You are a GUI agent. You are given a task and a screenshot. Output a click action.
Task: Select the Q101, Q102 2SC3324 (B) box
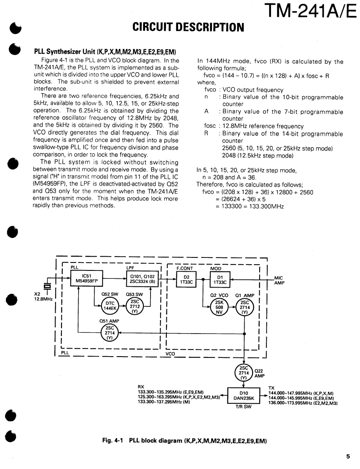click(x=143, y=278)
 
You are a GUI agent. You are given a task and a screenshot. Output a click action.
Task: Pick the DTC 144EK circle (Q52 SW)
click(x=110, y=306)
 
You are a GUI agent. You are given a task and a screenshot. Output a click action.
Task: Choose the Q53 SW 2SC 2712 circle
click(x=135, y=306)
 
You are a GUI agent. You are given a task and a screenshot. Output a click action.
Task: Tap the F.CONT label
click(x=184, y=268)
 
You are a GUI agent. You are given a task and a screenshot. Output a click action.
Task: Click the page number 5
click(x=348, y=457)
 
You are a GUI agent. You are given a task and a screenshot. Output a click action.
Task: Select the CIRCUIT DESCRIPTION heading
click(x=188, y=28)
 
